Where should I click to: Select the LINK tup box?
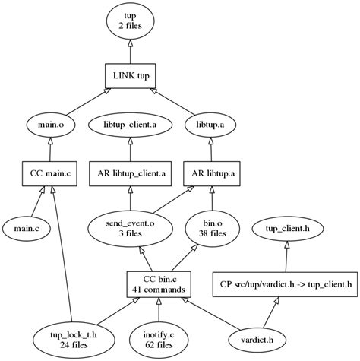[131, 74]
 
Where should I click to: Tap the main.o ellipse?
[50, 123]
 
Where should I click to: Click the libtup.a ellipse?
[210, 123]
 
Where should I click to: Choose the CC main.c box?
[50, 173]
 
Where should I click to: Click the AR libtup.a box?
[210, 173]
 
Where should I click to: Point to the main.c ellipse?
[27, 226]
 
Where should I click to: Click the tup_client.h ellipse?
[286, 227]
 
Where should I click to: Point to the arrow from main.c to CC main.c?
[36, 201]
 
